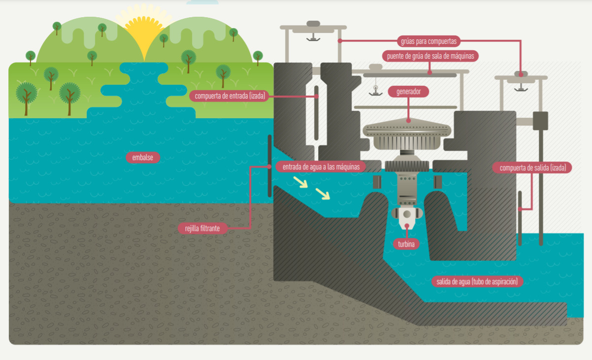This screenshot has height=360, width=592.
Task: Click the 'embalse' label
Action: pos(143,158)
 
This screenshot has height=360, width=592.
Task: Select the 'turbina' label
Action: pos(406,244)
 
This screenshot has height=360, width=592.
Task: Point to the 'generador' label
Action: pos(408,92)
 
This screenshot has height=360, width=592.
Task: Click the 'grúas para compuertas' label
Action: pos(430,41)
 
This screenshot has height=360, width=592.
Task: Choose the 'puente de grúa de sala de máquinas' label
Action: pos(430,56)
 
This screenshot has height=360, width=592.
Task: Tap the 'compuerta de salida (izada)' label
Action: pos(532,168)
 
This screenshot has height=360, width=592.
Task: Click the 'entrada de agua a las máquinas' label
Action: pos(321,166)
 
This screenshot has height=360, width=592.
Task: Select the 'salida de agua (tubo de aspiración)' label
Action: pos(477,282)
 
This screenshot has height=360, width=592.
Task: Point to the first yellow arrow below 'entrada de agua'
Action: pos(300,182)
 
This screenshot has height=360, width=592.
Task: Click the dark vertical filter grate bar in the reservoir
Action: pos(269,165)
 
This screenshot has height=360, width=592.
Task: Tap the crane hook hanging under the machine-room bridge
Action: pos(375,90)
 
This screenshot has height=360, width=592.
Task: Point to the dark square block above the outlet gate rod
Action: pos(540,121)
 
